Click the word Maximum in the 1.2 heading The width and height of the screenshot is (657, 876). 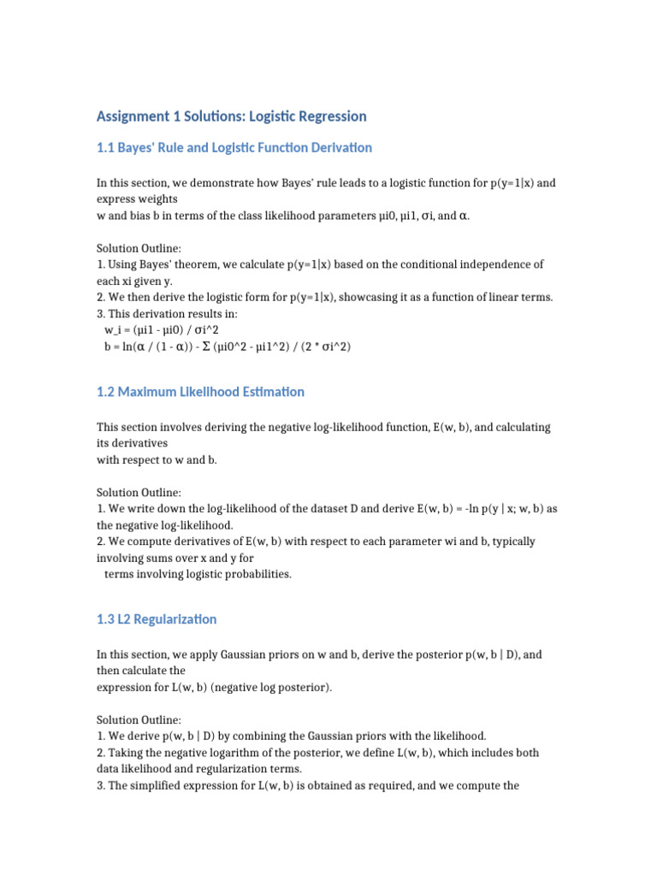coord(145,392)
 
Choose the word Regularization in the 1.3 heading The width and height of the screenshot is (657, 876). coord(175,619)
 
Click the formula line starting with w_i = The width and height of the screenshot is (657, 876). coord(161,329)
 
